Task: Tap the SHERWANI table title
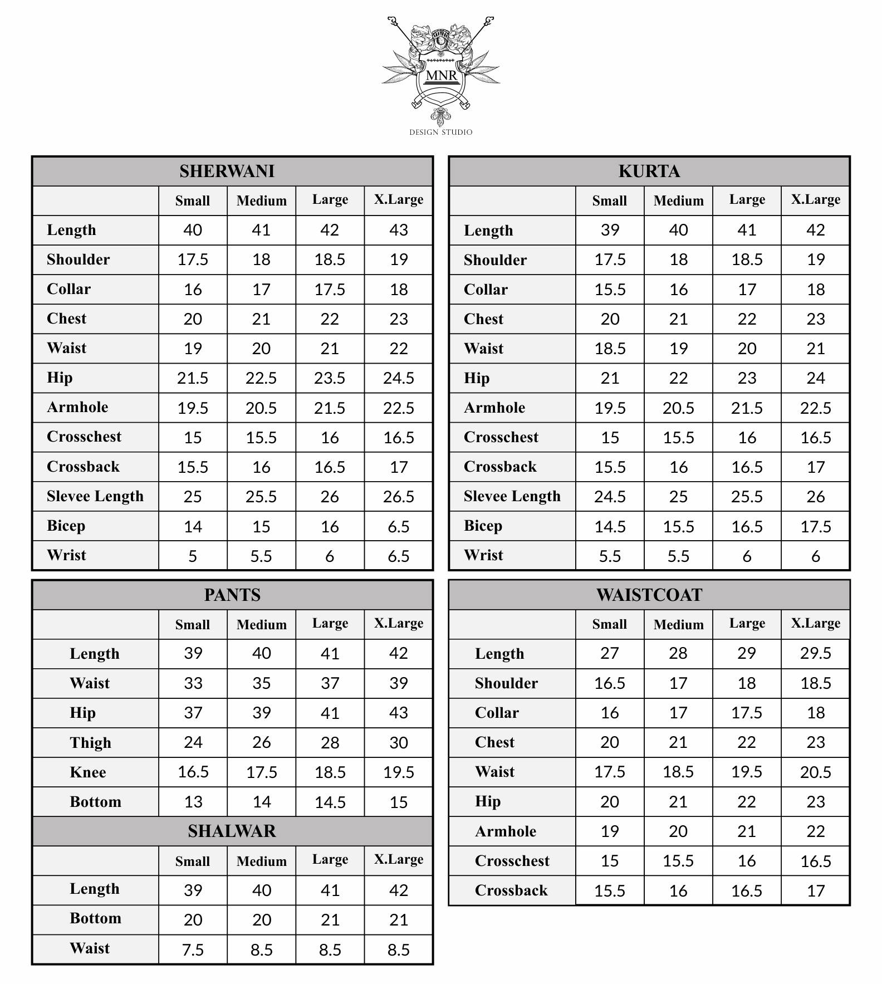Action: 227,171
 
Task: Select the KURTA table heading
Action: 649,171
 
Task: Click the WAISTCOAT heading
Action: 649,595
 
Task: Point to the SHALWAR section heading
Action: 232,831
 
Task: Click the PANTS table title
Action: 232,595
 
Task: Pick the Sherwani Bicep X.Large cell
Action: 399,526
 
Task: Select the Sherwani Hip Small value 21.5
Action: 193,378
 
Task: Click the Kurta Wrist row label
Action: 483,555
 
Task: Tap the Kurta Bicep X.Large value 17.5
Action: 816,526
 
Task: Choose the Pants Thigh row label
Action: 90,742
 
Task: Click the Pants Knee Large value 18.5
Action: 330,772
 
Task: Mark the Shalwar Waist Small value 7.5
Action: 193,949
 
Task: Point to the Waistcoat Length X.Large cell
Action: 816,653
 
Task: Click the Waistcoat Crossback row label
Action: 511,890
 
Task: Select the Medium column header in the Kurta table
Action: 678,200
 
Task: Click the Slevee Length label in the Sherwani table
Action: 95,496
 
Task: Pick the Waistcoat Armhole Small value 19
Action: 610,831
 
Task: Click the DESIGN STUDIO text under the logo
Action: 440,132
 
